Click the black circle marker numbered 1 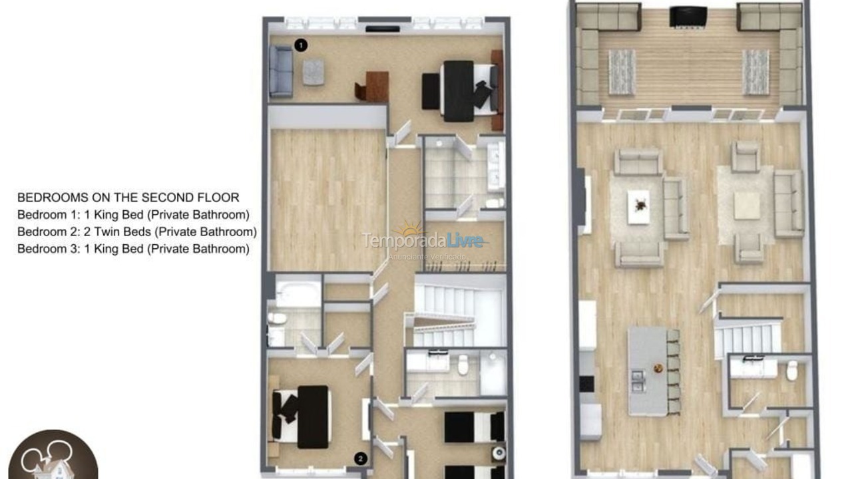[x=301, y=45]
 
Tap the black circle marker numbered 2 [x=360, y=458]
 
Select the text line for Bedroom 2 [x=136, y=232]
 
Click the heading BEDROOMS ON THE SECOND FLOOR [x=128, y=198]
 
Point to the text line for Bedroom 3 [x=133, y=249]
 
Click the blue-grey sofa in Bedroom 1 [x=281, y=72]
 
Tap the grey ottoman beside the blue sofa [x=313, y=72]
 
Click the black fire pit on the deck [x=688, y=17]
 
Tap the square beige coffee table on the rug [x=746, y=206]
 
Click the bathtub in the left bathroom [x=298, y=293]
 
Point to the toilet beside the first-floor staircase [x=791, y=371]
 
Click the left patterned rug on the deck [x=622, y=71]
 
